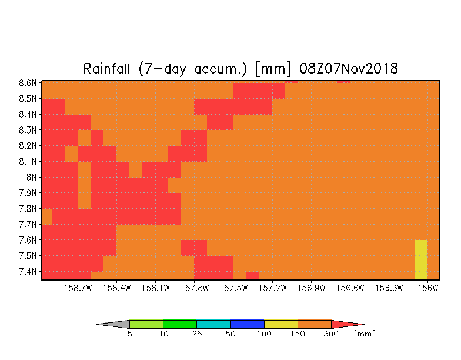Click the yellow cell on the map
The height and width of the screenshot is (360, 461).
[421, 259]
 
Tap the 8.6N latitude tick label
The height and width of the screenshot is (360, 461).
[28, 83]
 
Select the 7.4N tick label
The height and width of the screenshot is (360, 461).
[28, 272]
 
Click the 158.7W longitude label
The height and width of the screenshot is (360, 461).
[78, 288]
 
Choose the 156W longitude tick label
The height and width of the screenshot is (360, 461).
[428, 288]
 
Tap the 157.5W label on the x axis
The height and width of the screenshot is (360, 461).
[233, 288]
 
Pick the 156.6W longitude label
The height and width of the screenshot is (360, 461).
[350, 288]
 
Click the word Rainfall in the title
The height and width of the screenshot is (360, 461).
[106, 69]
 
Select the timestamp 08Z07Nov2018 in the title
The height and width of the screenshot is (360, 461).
[349, 69]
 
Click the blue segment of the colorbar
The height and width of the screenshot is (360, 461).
[247, 324]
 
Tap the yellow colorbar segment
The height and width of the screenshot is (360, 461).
[281, 324]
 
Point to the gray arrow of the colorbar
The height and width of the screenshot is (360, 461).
[113, 324]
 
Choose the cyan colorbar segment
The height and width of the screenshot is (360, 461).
[213, 324]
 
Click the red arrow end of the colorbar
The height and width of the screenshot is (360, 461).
[348, 324]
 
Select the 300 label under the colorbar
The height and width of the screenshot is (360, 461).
[331, 334]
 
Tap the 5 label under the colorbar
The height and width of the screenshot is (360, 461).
[129, 334]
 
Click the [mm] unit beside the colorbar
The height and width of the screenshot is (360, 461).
[365, 334]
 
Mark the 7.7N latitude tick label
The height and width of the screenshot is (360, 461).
[28, 225]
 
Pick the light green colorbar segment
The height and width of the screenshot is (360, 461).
[146, 324]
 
